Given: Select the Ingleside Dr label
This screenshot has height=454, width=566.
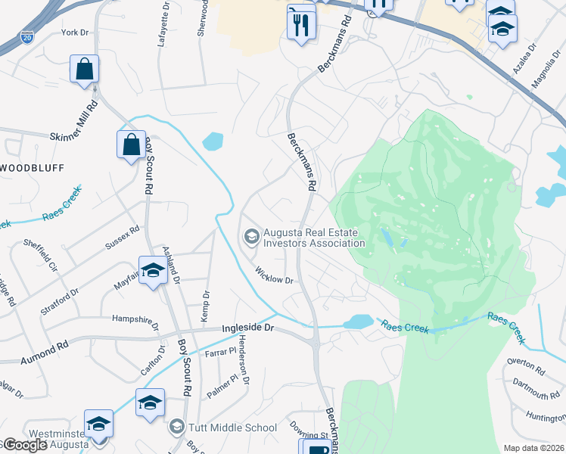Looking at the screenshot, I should point(252,329).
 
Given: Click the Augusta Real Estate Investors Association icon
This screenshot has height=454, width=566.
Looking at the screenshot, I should point(250,238).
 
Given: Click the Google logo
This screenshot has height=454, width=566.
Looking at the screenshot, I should point(26,445).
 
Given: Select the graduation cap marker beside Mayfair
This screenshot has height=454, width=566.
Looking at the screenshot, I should point(152,271).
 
